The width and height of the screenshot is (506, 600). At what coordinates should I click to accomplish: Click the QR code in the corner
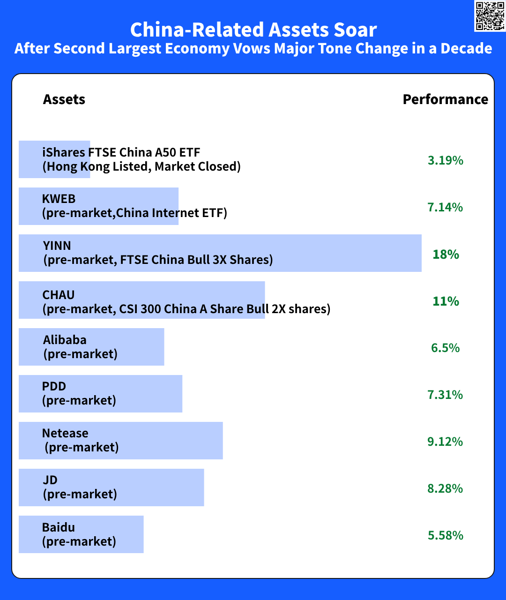(x=490, y=16)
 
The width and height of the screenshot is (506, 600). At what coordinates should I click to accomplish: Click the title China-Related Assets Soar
(x=253, y=30)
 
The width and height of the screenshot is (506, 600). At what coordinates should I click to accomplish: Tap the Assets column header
(x=64, y=99)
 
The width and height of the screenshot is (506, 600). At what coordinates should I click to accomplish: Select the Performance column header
(x=445, y=99)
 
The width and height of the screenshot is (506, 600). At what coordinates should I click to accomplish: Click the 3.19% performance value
(x=445, y=160)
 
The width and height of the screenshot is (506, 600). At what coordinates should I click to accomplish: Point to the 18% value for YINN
(x=446, y=254)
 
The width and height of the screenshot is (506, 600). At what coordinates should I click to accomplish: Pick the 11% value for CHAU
(x=446, y=301)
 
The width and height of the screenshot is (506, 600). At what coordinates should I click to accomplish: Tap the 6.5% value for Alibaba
(x=445, y=348)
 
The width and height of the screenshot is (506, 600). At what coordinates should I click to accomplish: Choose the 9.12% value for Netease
(x=445, y=442)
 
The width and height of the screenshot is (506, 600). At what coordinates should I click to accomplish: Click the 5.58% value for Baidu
(x=445, y=535)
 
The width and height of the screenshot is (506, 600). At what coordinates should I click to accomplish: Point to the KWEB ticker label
(x=59, y=199)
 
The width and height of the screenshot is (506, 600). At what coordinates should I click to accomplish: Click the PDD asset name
(x=54, y=386)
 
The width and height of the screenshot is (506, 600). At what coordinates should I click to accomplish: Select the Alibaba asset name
(x=65, y=340)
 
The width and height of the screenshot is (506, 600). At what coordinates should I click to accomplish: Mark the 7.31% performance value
(x=445, y=395)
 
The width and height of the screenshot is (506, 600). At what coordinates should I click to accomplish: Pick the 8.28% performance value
(x=445, y=488)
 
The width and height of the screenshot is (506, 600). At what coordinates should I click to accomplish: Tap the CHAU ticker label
(x=59, y=295)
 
